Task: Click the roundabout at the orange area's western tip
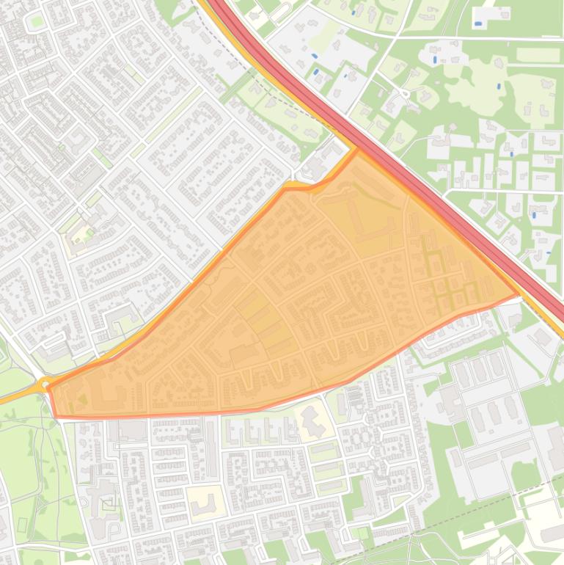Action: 45,384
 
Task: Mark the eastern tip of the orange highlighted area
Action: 519,294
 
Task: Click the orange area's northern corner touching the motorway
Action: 357,150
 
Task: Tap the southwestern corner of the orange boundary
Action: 56,416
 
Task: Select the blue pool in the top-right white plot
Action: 478,23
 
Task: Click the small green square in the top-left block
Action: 36,21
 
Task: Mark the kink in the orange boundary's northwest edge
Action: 286,188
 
